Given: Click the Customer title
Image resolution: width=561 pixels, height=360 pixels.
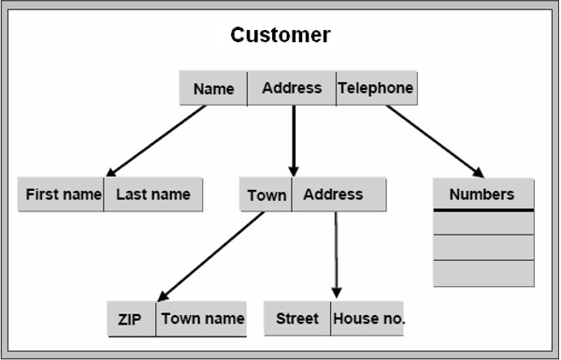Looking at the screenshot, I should pyautogui.click(x=280, y=36).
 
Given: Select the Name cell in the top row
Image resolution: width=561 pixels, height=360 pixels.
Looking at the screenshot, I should pyautogui.click(x=213, y=89).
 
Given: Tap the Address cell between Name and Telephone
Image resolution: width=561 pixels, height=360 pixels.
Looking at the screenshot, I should pyautogui.click(x=292, y=88).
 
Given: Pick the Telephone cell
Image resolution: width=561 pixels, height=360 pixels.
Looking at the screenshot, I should pyautogui.click(x=376, y=88).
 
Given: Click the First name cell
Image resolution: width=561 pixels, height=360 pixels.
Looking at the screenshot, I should pyautogui.click(x=62, y=194).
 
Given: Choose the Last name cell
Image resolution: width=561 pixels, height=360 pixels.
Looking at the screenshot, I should pyautogui.click(x=153, y=194).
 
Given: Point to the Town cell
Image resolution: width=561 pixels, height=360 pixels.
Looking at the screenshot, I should pyautogui.click(x=266, y=195).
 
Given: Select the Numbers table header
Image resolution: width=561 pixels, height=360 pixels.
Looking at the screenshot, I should pyautogui.click(x=482, y=194).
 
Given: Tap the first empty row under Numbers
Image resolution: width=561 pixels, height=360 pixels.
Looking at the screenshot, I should pyautogui.click(x=483, y=223).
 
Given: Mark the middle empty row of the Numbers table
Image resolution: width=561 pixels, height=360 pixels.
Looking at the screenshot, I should pyautogui.click(x=483, y=248).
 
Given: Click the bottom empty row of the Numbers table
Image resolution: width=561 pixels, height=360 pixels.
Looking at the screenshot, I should pyautogui.click(x=483, y=273).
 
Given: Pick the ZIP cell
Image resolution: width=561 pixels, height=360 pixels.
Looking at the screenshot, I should pyautogui.click(x=130, y=319).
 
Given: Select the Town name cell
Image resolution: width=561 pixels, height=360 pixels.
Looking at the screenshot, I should pyautogui.click(x=202, y=318).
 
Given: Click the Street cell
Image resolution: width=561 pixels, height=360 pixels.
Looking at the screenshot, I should pyautogui.click(x=297, y=319).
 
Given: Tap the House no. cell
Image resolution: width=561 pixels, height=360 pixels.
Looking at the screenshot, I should pyautogui.click(x=368, y=319).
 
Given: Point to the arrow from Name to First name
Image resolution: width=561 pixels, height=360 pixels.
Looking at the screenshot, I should pyautogui.click(x=156, y=140).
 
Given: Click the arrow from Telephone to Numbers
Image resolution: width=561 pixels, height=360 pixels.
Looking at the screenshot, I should pyautogui.click(x=435, y=140).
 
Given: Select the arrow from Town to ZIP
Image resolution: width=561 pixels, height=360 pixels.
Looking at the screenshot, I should pyautogui.click(x=210, y=256).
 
